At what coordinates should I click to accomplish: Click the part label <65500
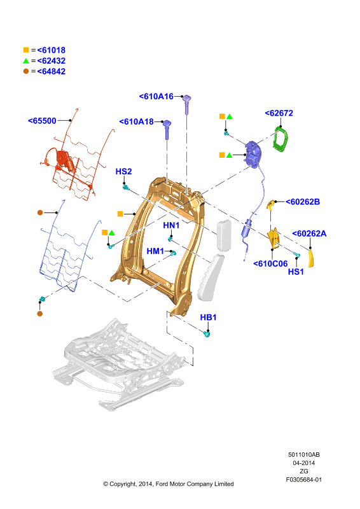42,121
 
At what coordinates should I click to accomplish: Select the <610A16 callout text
156,97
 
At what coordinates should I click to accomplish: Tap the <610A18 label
136,122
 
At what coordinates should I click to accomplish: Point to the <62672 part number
279,113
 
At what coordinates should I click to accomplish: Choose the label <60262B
303,202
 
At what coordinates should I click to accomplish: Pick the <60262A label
309,234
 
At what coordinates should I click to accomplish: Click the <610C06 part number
270,264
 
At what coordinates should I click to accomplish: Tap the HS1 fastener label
296,272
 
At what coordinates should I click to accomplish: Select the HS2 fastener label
123,172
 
